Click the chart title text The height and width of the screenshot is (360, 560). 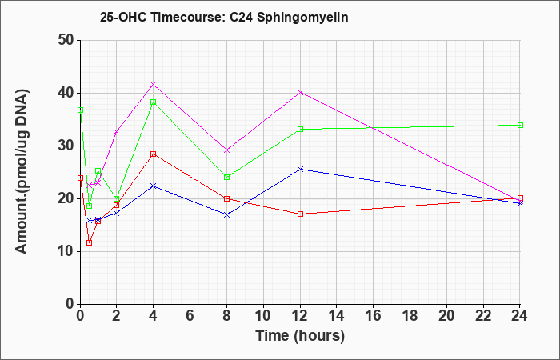[224, 17]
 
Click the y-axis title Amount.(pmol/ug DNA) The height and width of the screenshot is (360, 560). [22, 171]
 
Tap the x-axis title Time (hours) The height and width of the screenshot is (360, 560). [300, 336]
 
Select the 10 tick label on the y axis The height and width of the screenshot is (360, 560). [66, 251]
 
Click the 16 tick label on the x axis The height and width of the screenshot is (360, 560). [374, 316]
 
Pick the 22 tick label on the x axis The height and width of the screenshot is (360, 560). [483, 316]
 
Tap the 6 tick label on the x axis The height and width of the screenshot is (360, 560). [190, 316]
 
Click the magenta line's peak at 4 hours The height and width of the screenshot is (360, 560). [154, 84]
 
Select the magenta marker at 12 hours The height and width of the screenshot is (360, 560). [300, 92]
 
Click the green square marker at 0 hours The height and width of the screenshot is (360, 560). [80, 110]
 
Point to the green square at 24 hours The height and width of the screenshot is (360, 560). [520, 125]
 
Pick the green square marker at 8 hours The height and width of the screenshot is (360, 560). [226, 177]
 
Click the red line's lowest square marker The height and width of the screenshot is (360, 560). [90, 243]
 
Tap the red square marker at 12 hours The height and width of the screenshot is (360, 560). [300, 214]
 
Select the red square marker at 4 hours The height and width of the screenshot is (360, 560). [154, 154]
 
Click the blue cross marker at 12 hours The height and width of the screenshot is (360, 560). [300, 169]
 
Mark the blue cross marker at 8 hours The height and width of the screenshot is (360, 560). [226, 214]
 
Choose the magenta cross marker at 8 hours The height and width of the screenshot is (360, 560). [226, 150]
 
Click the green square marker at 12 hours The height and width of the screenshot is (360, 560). [300, 129]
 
